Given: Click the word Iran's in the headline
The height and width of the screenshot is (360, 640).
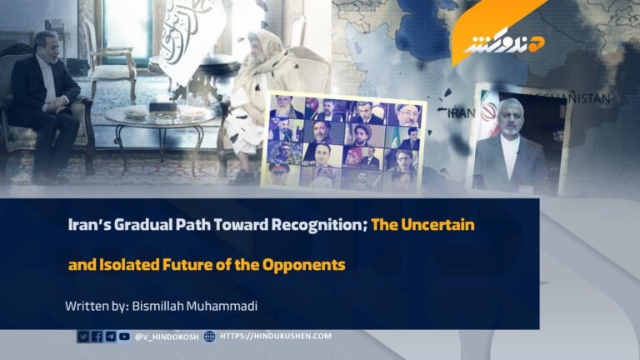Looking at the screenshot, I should point(87,225).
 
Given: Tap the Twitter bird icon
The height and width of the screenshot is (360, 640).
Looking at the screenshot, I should point(82,337).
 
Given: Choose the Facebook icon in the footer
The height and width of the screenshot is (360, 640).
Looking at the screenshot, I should point(97,337).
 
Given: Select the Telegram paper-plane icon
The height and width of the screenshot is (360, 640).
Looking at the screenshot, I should point(110,337).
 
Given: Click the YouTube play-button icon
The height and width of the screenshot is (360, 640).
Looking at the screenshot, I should point(124,337).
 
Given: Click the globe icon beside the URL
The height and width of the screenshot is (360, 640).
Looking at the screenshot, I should point(209,337).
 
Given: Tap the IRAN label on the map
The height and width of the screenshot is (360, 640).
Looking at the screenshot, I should point(457,110).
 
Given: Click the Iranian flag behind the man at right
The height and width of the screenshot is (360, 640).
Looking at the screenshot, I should point(484,125).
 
